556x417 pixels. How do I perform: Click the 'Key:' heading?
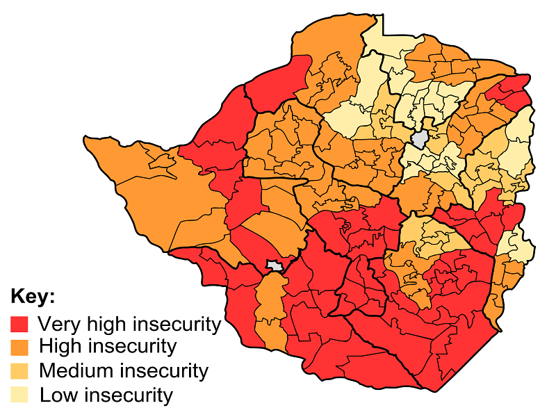coord(33,297)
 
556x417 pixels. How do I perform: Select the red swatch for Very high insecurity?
coord(19,324)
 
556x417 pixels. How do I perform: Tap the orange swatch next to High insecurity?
coord(19,347)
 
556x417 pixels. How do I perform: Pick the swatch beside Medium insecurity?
coord(19,370)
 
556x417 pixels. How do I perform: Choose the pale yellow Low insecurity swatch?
coord(19,395)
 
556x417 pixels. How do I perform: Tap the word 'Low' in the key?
coord(56,395)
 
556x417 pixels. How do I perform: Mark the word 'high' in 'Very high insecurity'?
coord(104,324)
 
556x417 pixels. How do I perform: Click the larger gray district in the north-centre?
coord(420,139)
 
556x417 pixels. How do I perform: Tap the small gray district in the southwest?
coord(276,265)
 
